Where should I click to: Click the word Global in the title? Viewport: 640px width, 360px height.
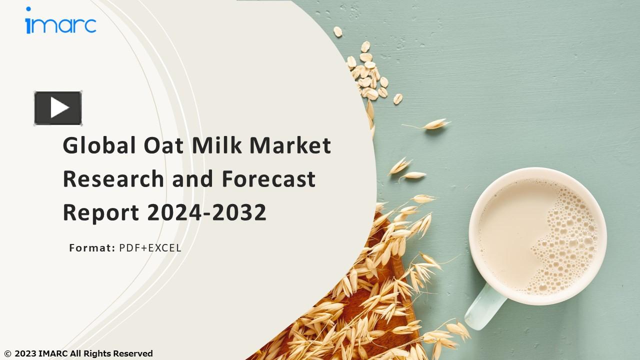(99, 145)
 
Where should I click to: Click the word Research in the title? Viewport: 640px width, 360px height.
(113, 179)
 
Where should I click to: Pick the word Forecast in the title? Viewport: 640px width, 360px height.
(269, 179)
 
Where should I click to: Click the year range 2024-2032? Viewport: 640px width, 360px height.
(206, 212)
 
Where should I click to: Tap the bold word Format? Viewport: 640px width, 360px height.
(92, 247)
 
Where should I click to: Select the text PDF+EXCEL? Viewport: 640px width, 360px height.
(150, 247)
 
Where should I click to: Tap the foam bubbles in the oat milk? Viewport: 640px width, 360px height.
(565, 235)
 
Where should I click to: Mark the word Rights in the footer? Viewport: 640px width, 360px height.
(97, 353)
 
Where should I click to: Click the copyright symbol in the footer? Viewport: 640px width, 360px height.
(7, 354)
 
